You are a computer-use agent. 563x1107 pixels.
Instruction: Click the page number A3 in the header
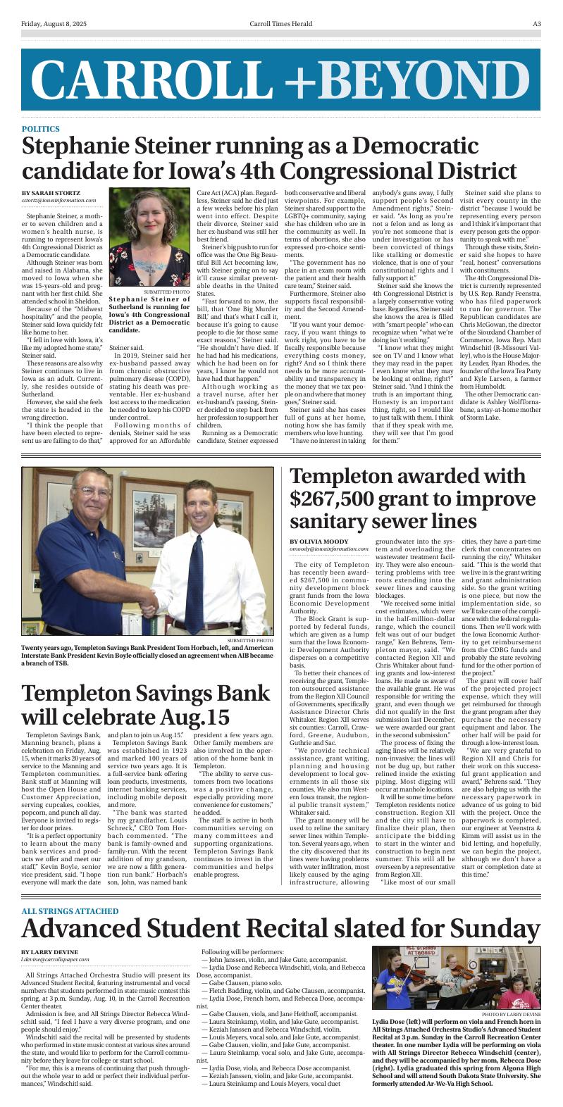(536, 23)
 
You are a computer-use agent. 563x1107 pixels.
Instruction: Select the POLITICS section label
(40, 130)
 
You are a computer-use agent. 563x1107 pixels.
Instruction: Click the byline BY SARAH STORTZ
(51, 193)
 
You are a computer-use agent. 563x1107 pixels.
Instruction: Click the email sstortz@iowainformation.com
(59, 201)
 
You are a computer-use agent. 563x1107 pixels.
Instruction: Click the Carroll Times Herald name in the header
(280, 23)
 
